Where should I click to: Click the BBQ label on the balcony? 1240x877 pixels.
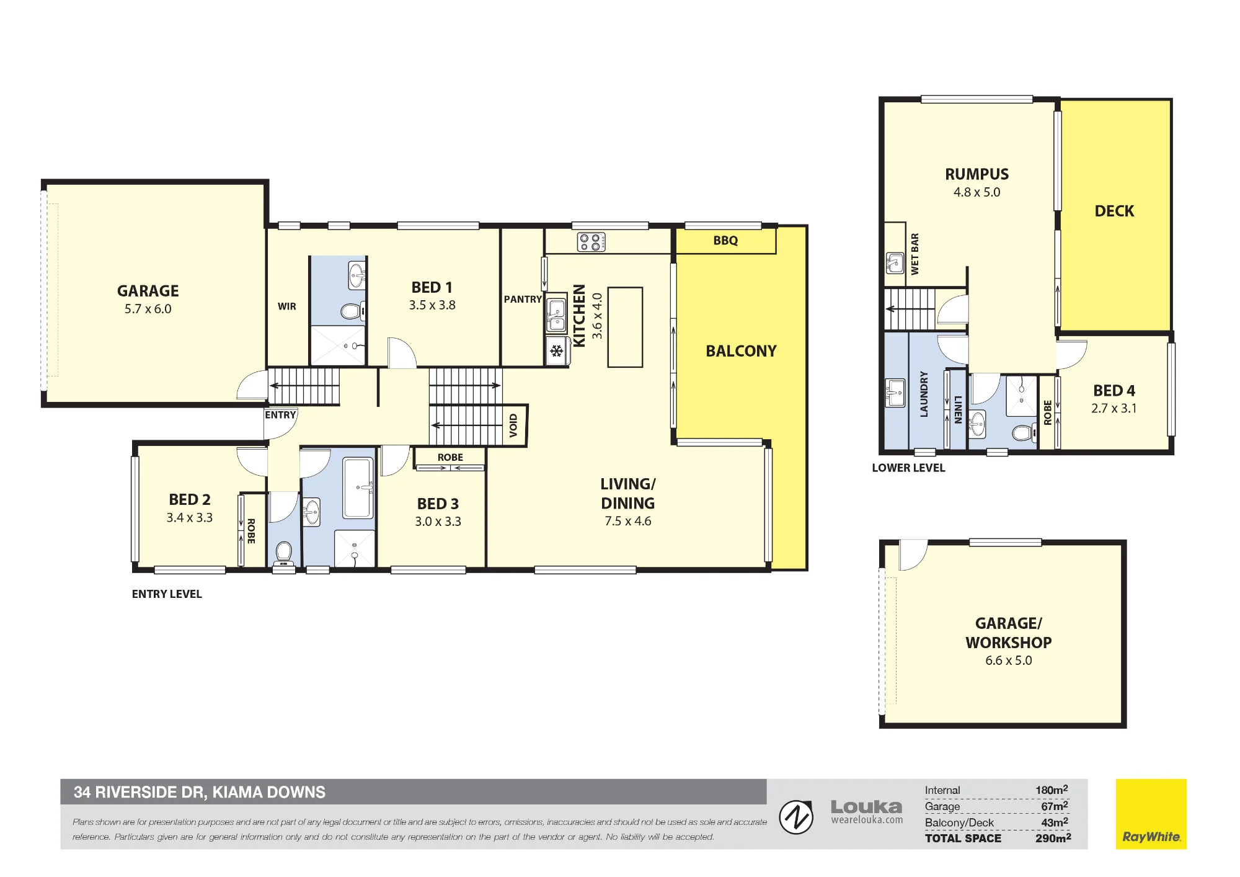(x=725, y=241)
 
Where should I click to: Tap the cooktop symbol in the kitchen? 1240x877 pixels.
(x=591, y=242)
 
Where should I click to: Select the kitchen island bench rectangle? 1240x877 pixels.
(x=625, y=327)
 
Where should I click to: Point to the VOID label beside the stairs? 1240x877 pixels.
(x=513, y=425)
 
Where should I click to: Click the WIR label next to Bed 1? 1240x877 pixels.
(x=287, y=306)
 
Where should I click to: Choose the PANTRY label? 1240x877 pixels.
(x=523, y=300)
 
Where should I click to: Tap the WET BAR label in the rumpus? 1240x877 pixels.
(x=914, y=254)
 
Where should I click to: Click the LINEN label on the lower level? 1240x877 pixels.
(x=958, y=409)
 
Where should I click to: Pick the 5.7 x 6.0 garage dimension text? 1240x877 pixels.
(x=148, y=309)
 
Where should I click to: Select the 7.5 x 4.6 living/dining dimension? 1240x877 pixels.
(x=628, y=522)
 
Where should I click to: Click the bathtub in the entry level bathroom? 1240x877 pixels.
(x=358, y=488)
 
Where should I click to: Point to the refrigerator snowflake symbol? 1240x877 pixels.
(x=556, y=352)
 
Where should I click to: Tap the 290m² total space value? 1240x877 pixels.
(x=1053, y=838)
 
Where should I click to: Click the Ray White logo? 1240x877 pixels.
(x=1151, y=814)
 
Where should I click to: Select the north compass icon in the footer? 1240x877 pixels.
(x=796, y=817)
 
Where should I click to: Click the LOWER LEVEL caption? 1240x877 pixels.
(x=908, y=468)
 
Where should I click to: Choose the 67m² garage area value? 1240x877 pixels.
(x=1055, y=806)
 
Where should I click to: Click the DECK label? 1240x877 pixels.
(x=1114, y=211)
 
